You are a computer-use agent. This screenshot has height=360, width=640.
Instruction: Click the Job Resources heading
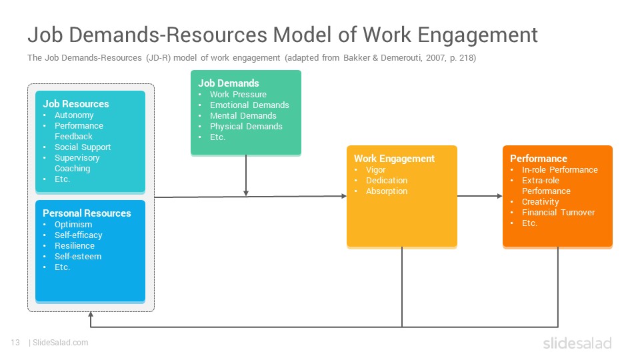76,104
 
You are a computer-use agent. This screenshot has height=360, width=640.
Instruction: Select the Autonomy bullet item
74,115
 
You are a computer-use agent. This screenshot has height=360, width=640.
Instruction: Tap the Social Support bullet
83,147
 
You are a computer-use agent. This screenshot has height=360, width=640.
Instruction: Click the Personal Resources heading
87,213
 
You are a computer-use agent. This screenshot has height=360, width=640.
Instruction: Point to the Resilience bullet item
75,246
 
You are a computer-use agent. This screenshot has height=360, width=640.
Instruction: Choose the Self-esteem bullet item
78,256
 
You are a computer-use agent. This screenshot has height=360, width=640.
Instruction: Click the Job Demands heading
229,83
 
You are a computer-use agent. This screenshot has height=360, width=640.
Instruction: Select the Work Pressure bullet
238,94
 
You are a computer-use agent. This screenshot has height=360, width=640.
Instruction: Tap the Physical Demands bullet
246,127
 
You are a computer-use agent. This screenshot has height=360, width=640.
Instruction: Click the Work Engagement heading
394,159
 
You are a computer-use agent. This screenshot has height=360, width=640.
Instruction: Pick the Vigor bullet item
375,170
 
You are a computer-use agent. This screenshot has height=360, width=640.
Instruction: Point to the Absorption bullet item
387,191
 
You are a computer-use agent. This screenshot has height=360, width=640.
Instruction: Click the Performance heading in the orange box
539,159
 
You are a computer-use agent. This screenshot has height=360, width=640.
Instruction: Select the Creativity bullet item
540,201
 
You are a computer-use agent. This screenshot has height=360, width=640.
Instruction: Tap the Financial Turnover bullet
558,212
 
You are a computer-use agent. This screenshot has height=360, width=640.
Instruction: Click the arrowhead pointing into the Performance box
499,196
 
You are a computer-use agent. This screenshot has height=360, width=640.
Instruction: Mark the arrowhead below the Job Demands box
246,193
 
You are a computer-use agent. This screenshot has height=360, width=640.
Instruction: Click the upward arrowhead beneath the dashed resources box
91,315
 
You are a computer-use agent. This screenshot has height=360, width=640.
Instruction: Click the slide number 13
15,343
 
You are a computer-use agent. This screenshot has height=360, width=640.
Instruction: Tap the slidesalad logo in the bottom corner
577,343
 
